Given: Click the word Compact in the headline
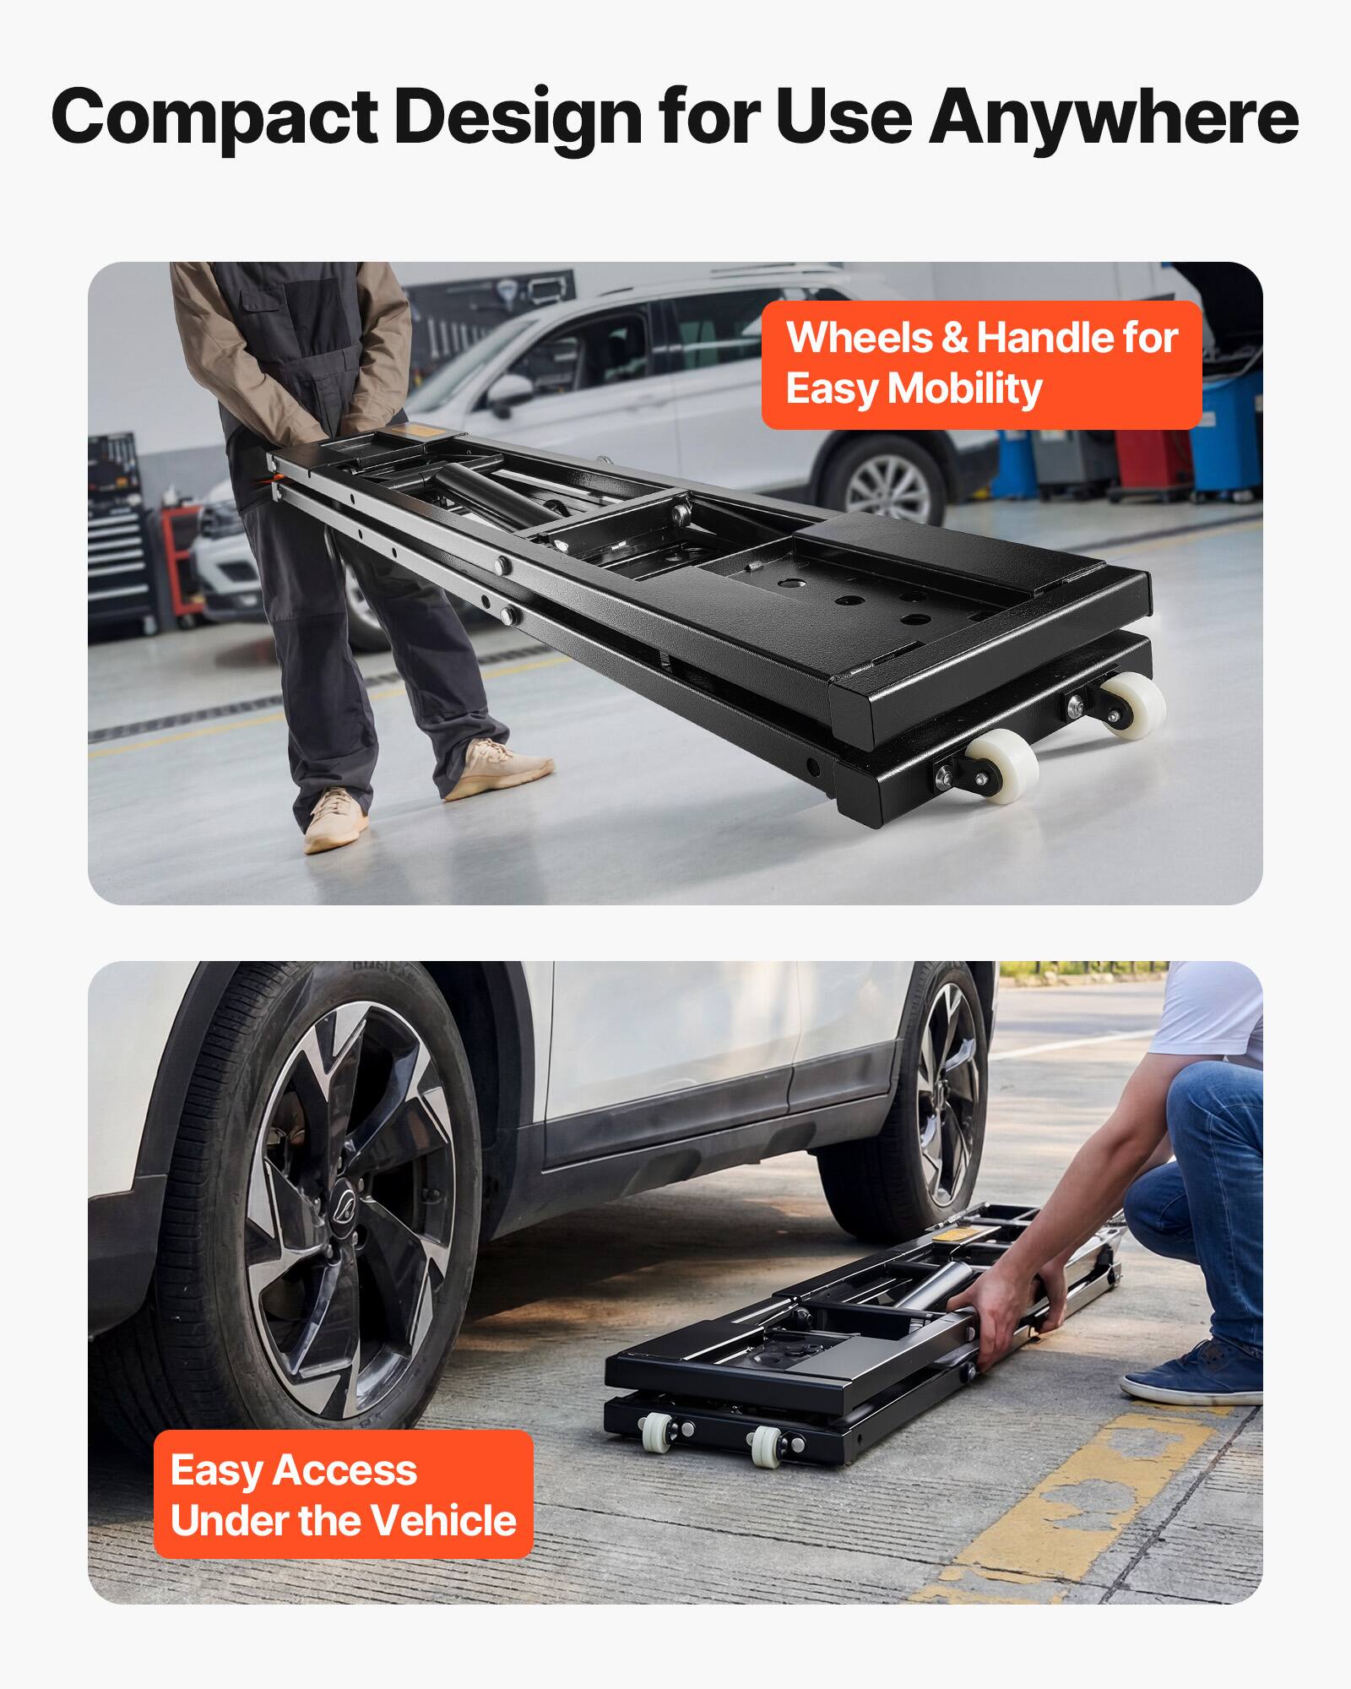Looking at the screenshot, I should (214, 118).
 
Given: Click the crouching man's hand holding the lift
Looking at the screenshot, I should (1009, 1305).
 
